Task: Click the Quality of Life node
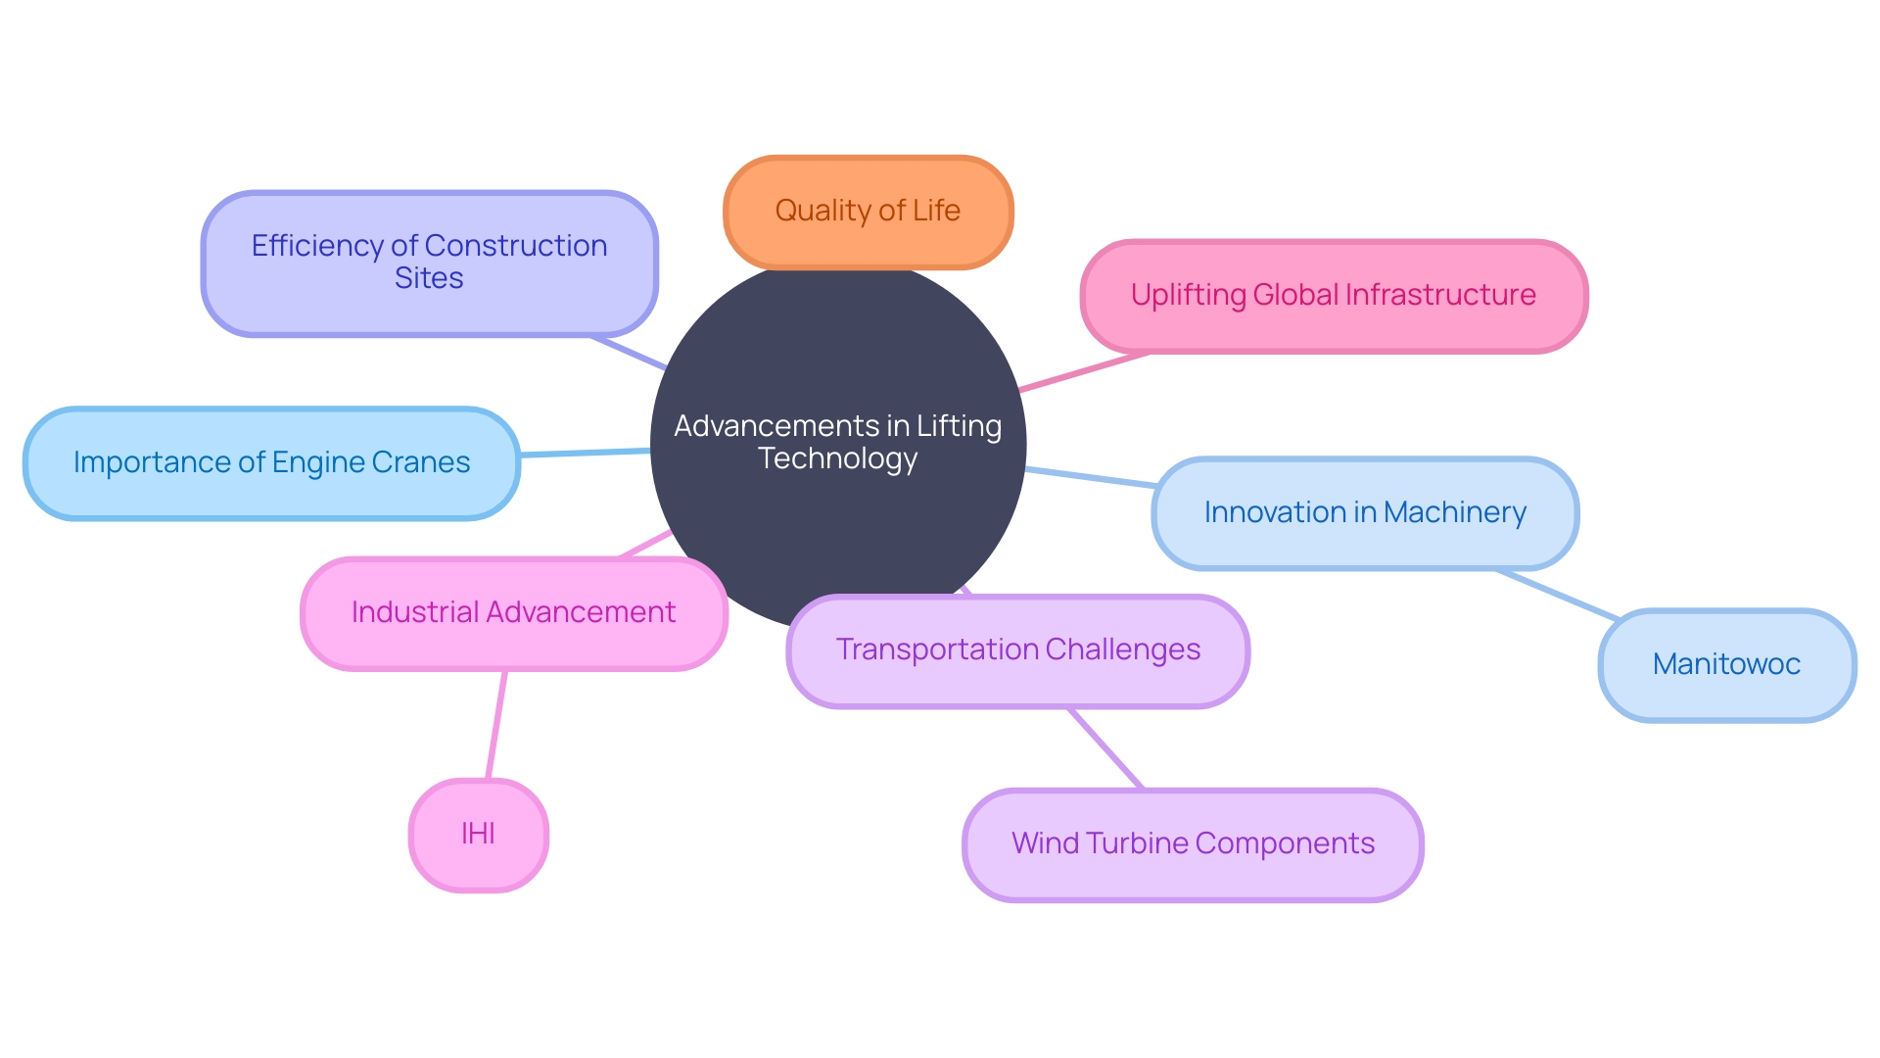[x=868, y=212]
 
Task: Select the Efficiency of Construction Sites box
[x=429, y=263]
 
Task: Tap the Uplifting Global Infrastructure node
[x=1333, y=296]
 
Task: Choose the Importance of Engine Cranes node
[x=271, y=462]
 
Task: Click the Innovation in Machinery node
[x=1364, y=512]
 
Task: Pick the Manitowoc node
[x=1726, y=664]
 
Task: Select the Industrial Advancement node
[x=513, y=613]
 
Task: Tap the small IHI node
[x=478, y=834]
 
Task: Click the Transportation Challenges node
[x=1017, y=649]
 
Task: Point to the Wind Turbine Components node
[x=1193, y=843]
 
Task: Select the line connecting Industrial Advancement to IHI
[x=496, y=725]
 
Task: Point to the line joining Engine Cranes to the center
[x=585, y=453]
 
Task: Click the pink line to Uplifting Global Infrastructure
[x=1082, y=372]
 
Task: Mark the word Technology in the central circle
[x=838, y=458]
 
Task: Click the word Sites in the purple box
[x=429, y=278]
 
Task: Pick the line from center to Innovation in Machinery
[x=1090, y=477]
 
